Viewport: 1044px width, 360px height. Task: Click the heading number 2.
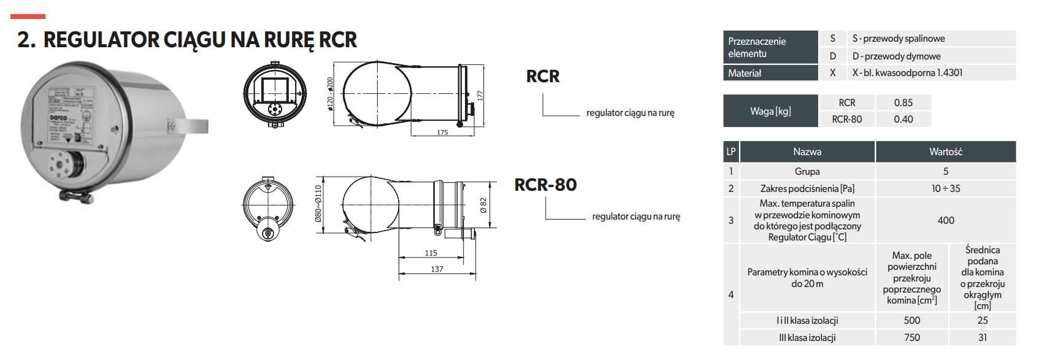[26, 40]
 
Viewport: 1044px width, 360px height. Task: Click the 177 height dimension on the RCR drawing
[480, 96]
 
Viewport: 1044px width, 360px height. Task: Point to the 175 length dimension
[442, 132]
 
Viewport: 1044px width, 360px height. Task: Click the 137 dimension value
[437, 269]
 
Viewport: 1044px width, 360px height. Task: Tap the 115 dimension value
[431, 253]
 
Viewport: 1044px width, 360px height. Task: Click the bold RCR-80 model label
[545, 185]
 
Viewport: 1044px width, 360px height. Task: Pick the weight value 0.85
[903, 103]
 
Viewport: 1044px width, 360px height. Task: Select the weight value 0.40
[903, 120]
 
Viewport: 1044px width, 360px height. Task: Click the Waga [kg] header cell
[770, 111]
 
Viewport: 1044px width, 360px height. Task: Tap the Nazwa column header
[807, 152]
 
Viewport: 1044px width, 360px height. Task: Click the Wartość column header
[945, 152]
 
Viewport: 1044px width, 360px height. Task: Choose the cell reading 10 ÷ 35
[945, 188]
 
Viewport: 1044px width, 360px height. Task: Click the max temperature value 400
[945, 220]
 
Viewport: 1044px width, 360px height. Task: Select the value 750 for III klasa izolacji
[912, 337]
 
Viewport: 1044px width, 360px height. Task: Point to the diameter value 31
[982, 337]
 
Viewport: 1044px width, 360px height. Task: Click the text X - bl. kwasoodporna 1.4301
[907, 73]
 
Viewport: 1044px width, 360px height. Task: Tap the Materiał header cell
[745, 73]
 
